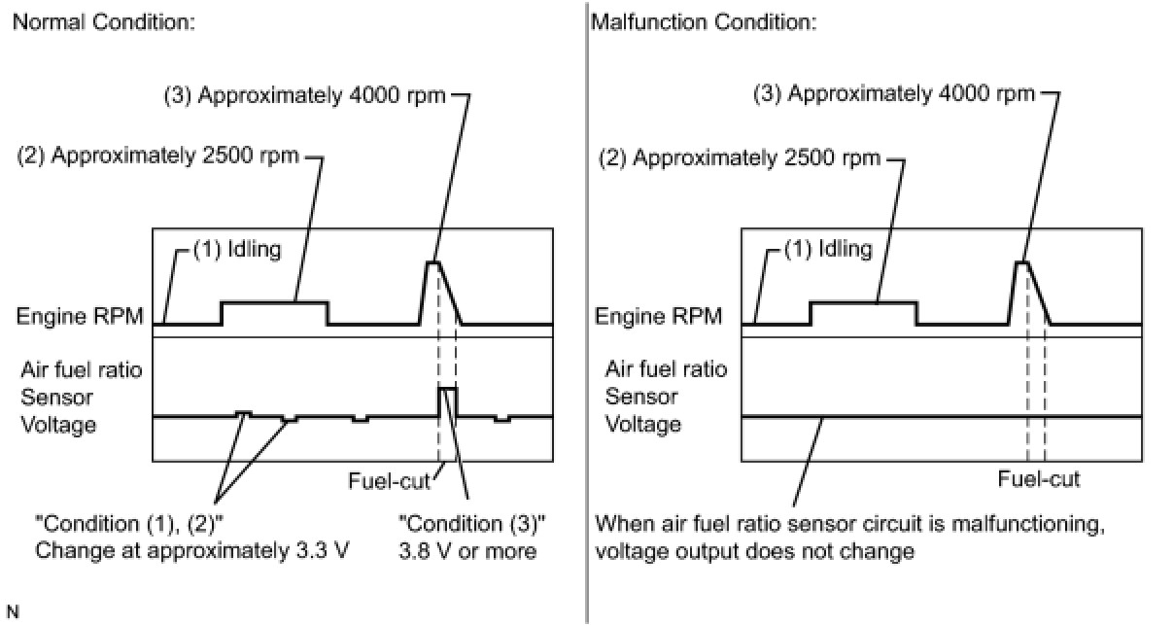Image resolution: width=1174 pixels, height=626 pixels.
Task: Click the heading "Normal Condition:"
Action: [x=103, y=22]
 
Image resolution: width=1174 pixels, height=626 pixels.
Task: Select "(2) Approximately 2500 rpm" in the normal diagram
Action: [x=157, y=157]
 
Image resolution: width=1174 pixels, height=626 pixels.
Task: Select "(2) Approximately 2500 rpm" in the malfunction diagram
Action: [x=741, y=157]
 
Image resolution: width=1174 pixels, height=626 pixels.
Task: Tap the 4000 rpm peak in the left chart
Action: [x=432, y=263]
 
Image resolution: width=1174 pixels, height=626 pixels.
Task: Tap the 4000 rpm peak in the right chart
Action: [x=1021, y=263]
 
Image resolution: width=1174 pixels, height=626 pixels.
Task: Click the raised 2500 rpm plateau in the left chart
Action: [x=274, y=302]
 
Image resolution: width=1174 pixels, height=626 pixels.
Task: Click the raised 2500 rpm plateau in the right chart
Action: [x=863, y=302]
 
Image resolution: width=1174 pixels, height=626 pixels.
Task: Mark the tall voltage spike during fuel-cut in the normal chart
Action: [x=447, y=389]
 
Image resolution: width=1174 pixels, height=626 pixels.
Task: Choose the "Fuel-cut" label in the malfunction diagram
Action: [x=1039, y=479]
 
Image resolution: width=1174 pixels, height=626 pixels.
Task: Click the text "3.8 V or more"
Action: [x=473, y=551]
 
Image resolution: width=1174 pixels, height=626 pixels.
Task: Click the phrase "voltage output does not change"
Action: [x=754, y=551]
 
